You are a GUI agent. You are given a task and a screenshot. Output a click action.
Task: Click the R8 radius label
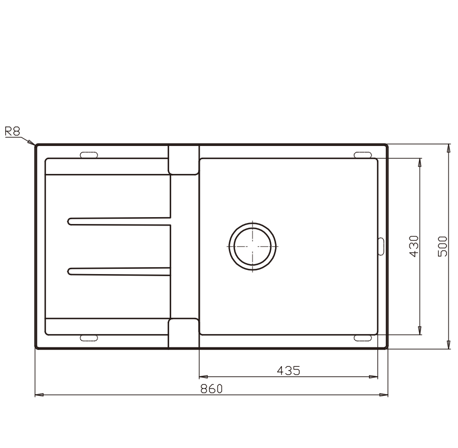click(x=13, y=131)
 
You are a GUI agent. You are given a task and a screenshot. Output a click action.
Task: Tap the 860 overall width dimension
click(x=211, y=389)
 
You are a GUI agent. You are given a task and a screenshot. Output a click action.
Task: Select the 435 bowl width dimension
click(x=288, y=371)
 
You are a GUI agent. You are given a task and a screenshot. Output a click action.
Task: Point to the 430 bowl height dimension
click(x=414, y=246)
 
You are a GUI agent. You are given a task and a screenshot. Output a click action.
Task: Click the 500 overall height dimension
click(x=443, y=246)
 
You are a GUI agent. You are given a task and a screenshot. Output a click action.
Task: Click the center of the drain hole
click(x=252, y=247)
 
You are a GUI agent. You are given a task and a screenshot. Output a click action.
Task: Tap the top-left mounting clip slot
click(x=89, y=155)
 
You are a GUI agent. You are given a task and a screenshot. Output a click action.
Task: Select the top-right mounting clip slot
click(x=363, y=155)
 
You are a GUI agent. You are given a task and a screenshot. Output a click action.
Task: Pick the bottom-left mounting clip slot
click(x=89, y=338)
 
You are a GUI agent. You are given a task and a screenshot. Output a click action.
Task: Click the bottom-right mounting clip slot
click(x=363, y=338)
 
